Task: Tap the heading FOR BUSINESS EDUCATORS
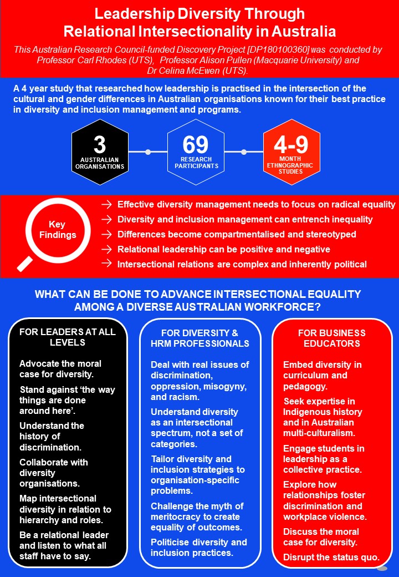(x=331, y=338)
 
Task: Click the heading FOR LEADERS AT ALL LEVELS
(x=67, y=337)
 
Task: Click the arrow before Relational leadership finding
(x=106, y=249)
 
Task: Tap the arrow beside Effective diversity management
(x=106, y=204)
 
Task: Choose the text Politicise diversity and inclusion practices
(x=198, y=547)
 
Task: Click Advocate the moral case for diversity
(x=60, y=369)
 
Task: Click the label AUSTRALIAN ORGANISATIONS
(x=99, y=163)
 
